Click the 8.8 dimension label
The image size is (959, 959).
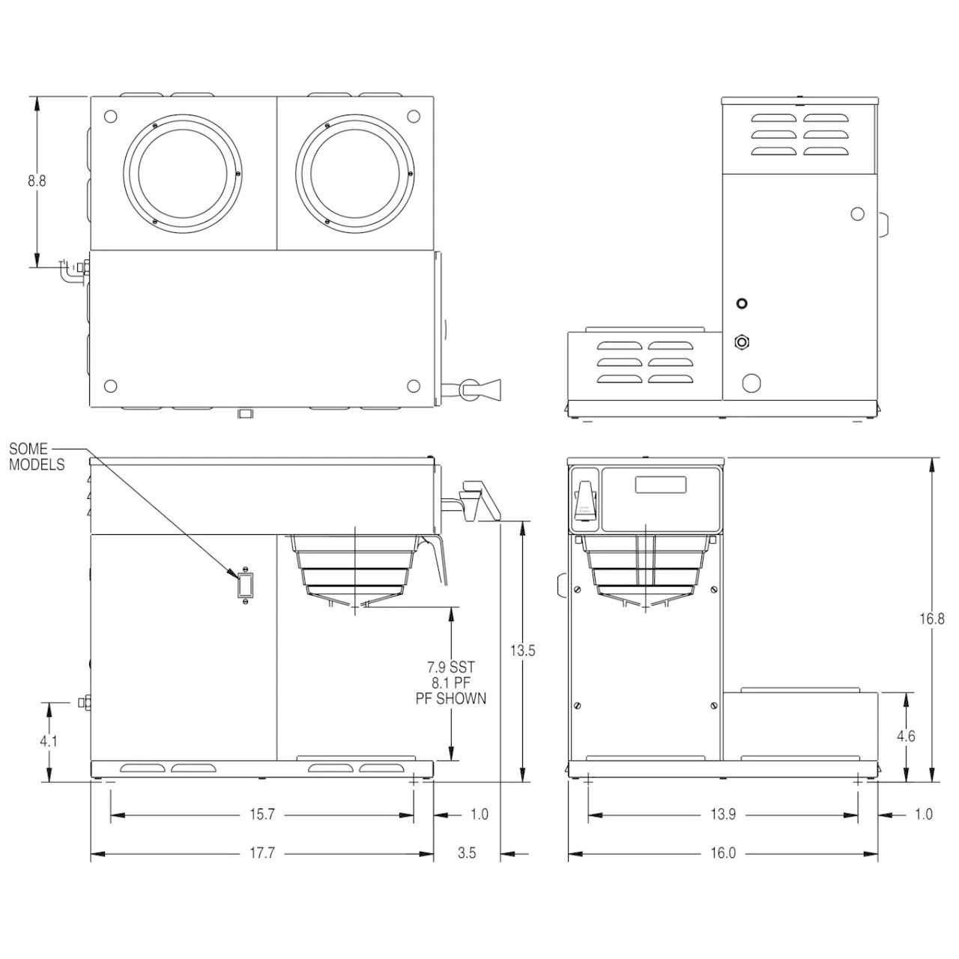point(37,181)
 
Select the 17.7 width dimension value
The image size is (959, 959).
point(261,853)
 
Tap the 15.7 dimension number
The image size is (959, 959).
point(261,814)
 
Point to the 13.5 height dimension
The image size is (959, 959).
point(522,650)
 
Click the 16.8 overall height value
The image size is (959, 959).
point(931,619)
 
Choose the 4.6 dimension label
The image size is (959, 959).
point(906,736)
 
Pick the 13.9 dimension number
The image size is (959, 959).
point(723,814)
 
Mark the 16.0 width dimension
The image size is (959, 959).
point(723,853)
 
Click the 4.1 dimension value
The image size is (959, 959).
point(49,741)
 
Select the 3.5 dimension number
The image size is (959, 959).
point(466,853)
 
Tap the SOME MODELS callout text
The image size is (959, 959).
point(37,456)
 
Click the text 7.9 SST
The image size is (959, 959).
point(451,667)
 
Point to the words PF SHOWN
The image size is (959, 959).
point(451,698)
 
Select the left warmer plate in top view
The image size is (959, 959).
point(182,172)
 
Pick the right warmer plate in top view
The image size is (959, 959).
point(355,172)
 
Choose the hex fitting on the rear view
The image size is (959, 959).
point(742,342)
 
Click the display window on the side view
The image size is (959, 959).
point(661,485)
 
